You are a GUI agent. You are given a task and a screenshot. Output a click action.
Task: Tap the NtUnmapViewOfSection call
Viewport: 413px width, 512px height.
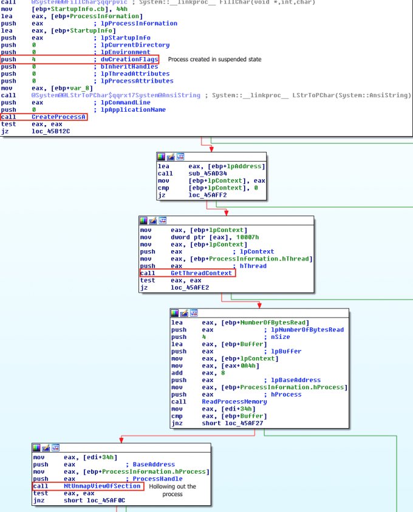click(x=103, y=486)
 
